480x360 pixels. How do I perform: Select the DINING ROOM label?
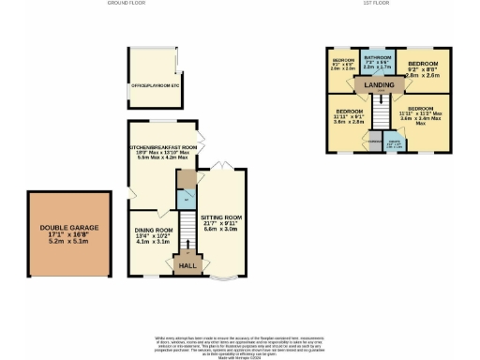point(153,230)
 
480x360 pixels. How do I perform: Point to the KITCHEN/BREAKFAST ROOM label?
point(163,148)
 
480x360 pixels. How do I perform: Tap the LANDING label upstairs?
point(380,84)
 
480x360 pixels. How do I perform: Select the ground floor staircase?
point(187,230)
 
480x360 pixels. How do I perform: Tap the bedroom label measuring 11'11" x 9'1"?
point(349,116)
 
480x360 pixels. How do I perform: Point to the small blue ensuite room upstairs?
point(395,143)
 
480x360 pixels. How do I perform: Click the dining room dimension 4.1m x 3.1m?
point(153,242)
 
